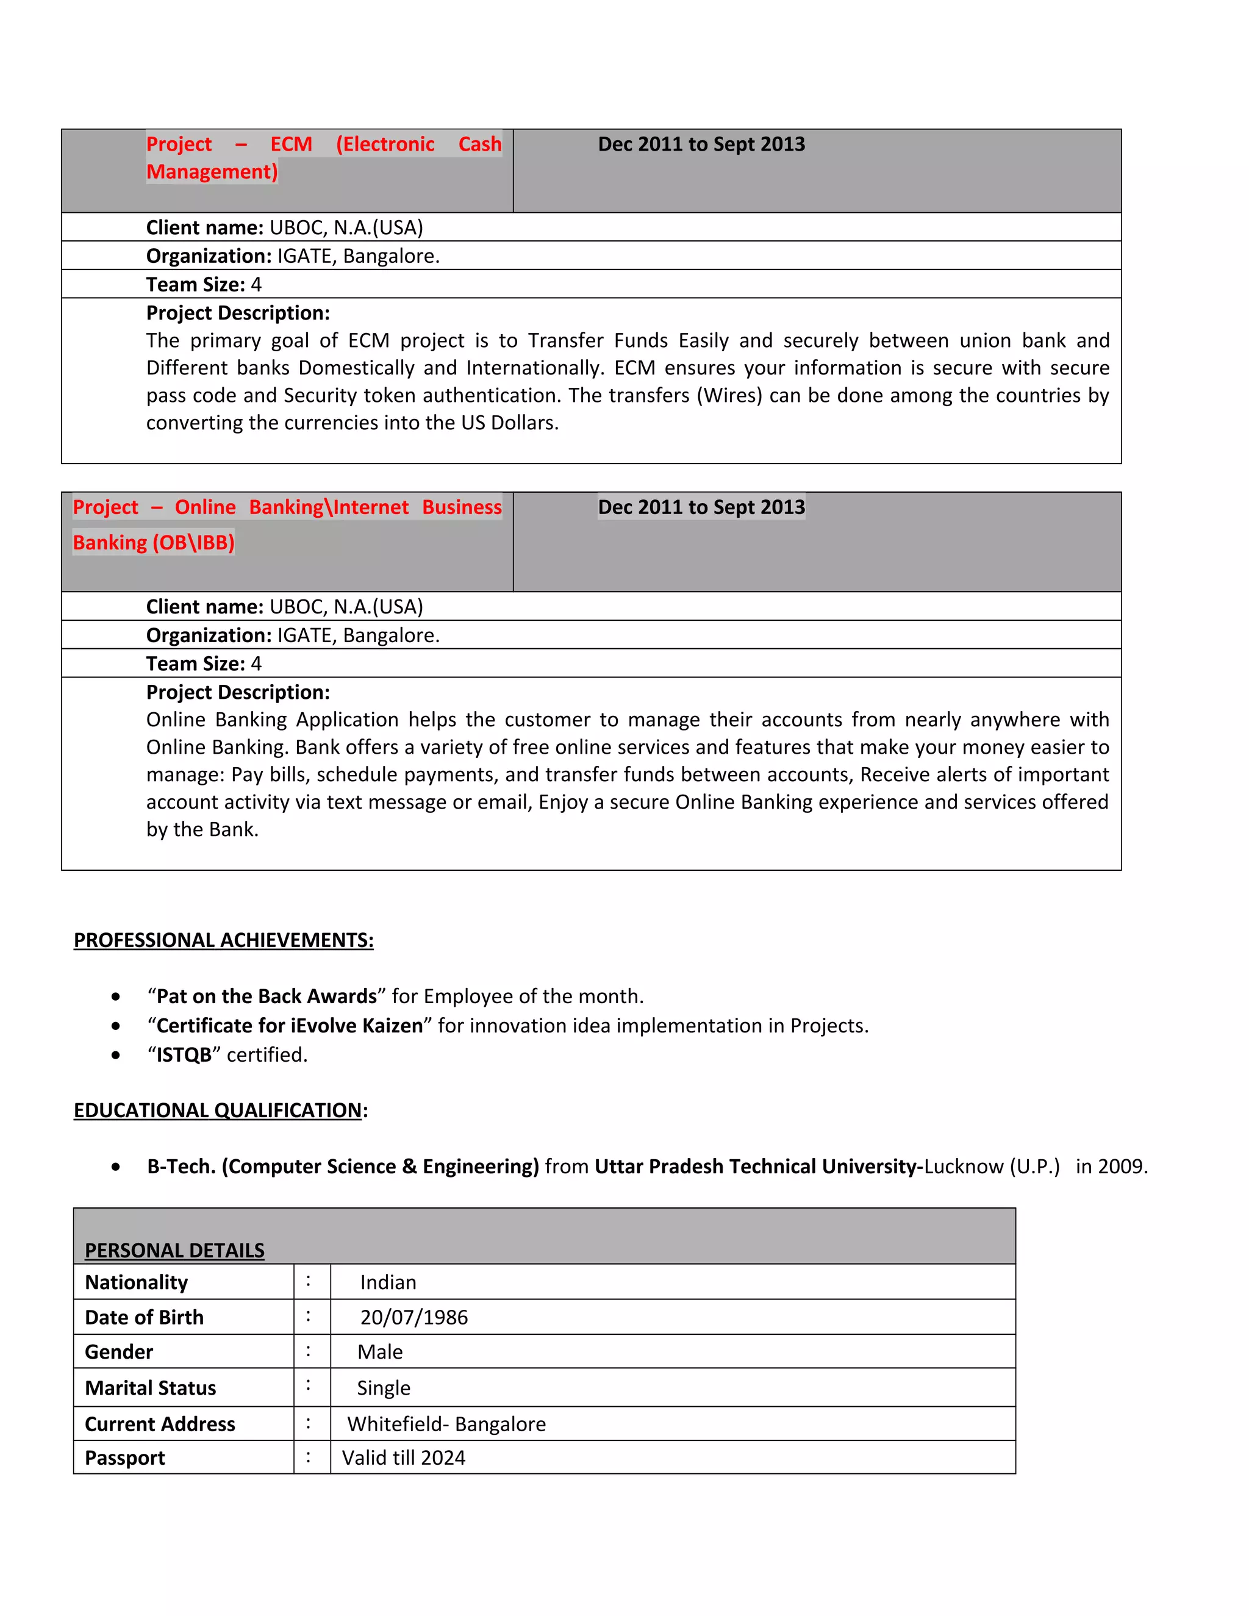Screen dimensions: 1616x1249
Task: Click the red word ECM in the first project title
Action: pos(291,145)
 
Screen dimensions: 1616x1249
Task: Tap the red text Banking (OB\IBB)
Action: pos(153,543)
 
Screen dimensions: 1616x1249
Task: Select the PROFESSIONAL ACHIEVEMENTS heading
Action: pos(223,940)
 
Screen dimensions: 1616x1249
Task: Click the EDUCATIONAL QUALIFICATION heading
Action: pos(218,1110)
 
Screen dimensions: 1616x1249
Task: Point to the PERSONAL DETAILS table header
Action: pos(174,1251)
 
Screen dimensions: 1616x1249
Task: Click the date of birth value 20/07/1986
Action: pos(413,1318)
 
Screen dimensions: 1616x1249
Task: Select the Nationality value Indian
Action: pos(388,1282)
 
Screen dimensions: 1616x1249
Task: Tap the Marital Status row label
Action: pos(150,1388)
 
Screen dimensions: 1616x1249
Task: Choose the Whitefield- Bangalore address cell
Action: pos(446,1425)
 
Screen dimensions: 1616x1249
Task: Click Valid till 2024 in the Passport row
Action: pos(403,1459)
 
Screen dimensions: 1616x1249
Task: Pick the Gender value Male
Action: pos(379,1353)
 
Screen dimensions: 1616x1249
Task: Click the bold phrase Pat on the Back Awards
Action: pos(267,996)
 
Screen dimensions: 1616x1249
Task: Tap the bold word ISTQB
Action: pos(184,1055)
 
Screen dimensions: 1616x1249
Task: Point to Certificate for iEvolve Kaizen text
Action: pos(289,1026)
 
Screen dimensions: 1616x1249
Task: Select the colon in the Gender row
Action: pos(309,1352)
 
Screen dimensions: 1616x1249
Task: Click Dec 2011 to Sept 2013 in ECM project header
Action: pos(701,145)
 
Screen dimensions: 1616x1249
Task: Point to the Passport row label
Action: pos(124,1459)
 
